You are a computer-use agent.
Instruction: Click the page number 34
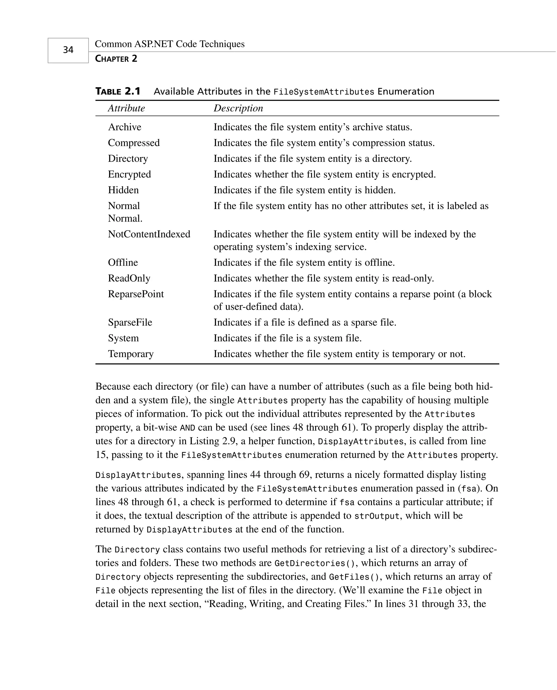point(68,50)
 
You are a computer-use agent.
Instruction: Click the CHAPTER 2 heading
point(116,59)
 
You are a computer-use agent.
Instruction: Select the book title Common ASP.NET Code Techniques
point(170,44)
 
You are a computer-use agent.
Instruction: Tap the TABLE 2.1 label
point(118,91)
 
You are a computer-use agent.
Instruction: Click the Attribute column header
point(126,108)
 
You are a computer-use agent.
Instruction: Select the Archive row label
point(125,127)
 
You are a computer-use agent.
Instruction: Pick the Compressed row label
point(134,143)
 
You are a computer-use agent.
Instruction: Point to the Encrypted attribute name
point(129,174)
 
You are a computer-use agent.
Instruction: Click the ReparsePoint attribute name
point(136,294)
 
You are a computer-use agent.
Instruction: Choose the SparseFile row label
point(130,322)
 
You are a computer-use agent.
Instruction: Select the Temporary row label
point(131,354)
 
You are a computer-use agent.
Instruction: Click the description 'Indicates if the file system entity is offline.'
point(304,263)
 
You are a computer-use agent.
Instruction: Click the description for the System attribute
point(287,338)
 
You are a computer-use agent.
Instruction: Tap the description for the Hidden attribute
point(305,190)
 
